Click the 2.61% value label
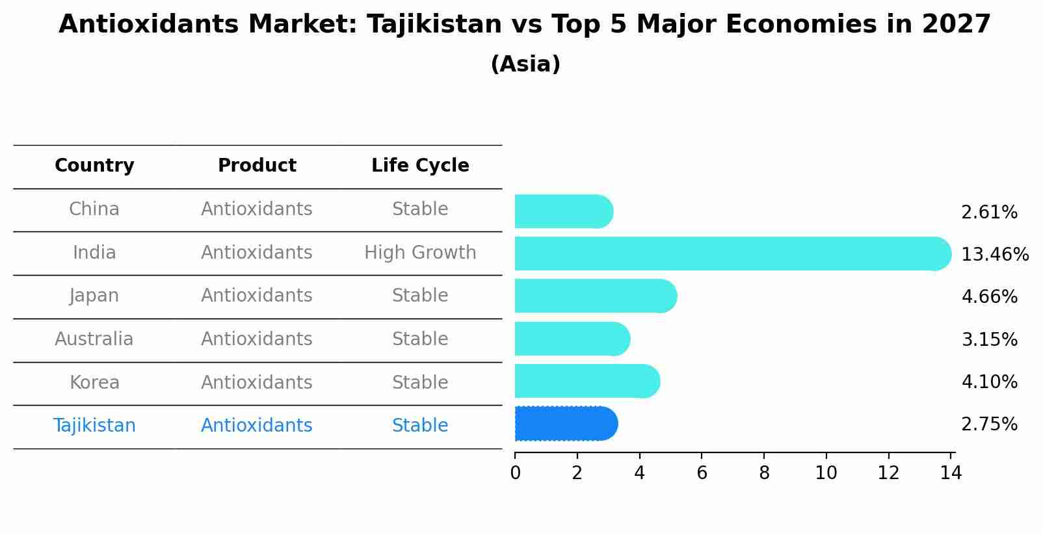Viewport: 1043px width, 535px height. coord(989,213)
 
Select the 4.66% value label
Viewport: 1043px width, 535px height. coord(989,297)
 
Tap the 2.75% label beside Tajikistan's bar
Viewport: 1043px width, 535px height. coord(989,424)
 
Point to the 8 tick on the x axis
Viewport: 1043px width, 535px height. coord(764,473)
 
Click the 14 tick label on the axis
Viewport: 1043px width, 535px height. coord(951,473)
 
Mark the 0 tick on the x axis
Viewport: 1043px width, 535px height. coord(515,473)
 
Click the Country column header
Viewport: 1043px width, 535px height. coord(94,166)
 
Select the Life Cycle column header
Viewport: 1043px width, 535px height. coord(420,166)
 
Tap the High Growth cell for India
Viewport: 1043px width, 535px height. coord(420,253)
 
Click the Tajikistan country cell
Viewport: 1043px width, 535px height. coord(94,426)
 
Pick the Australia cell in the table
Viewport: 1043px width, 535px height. coord(94,339)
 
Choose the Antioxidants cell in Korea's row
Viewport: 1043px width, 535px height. coord(257,383)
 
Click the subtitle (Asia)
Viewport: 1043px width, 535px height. coord(525,64)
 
